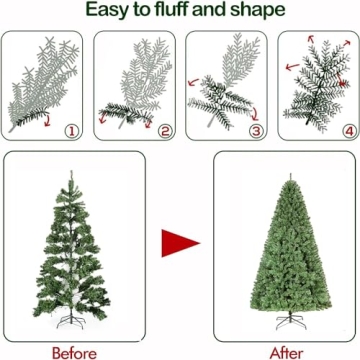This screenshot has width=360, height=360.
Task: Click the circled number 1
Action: [x=71, y=130]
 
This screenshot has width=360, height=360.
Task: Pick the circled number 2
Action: [x=164, y=130]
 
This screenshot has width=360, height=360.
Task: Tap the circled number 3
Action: [x=256, y=130]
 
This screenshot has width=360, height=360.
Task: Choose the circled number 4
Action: [x=347, y=130]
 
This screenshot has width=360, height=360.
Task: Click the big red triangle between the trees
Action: [x=181, y=241]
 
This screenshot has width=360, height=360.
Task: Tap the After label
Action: [x=286, y=351]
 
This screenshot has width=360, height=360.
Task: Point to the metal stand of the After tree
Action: [x=287, y=323]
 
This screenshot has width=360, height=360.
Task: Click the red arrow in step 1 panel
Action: [x=42, y=121]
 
